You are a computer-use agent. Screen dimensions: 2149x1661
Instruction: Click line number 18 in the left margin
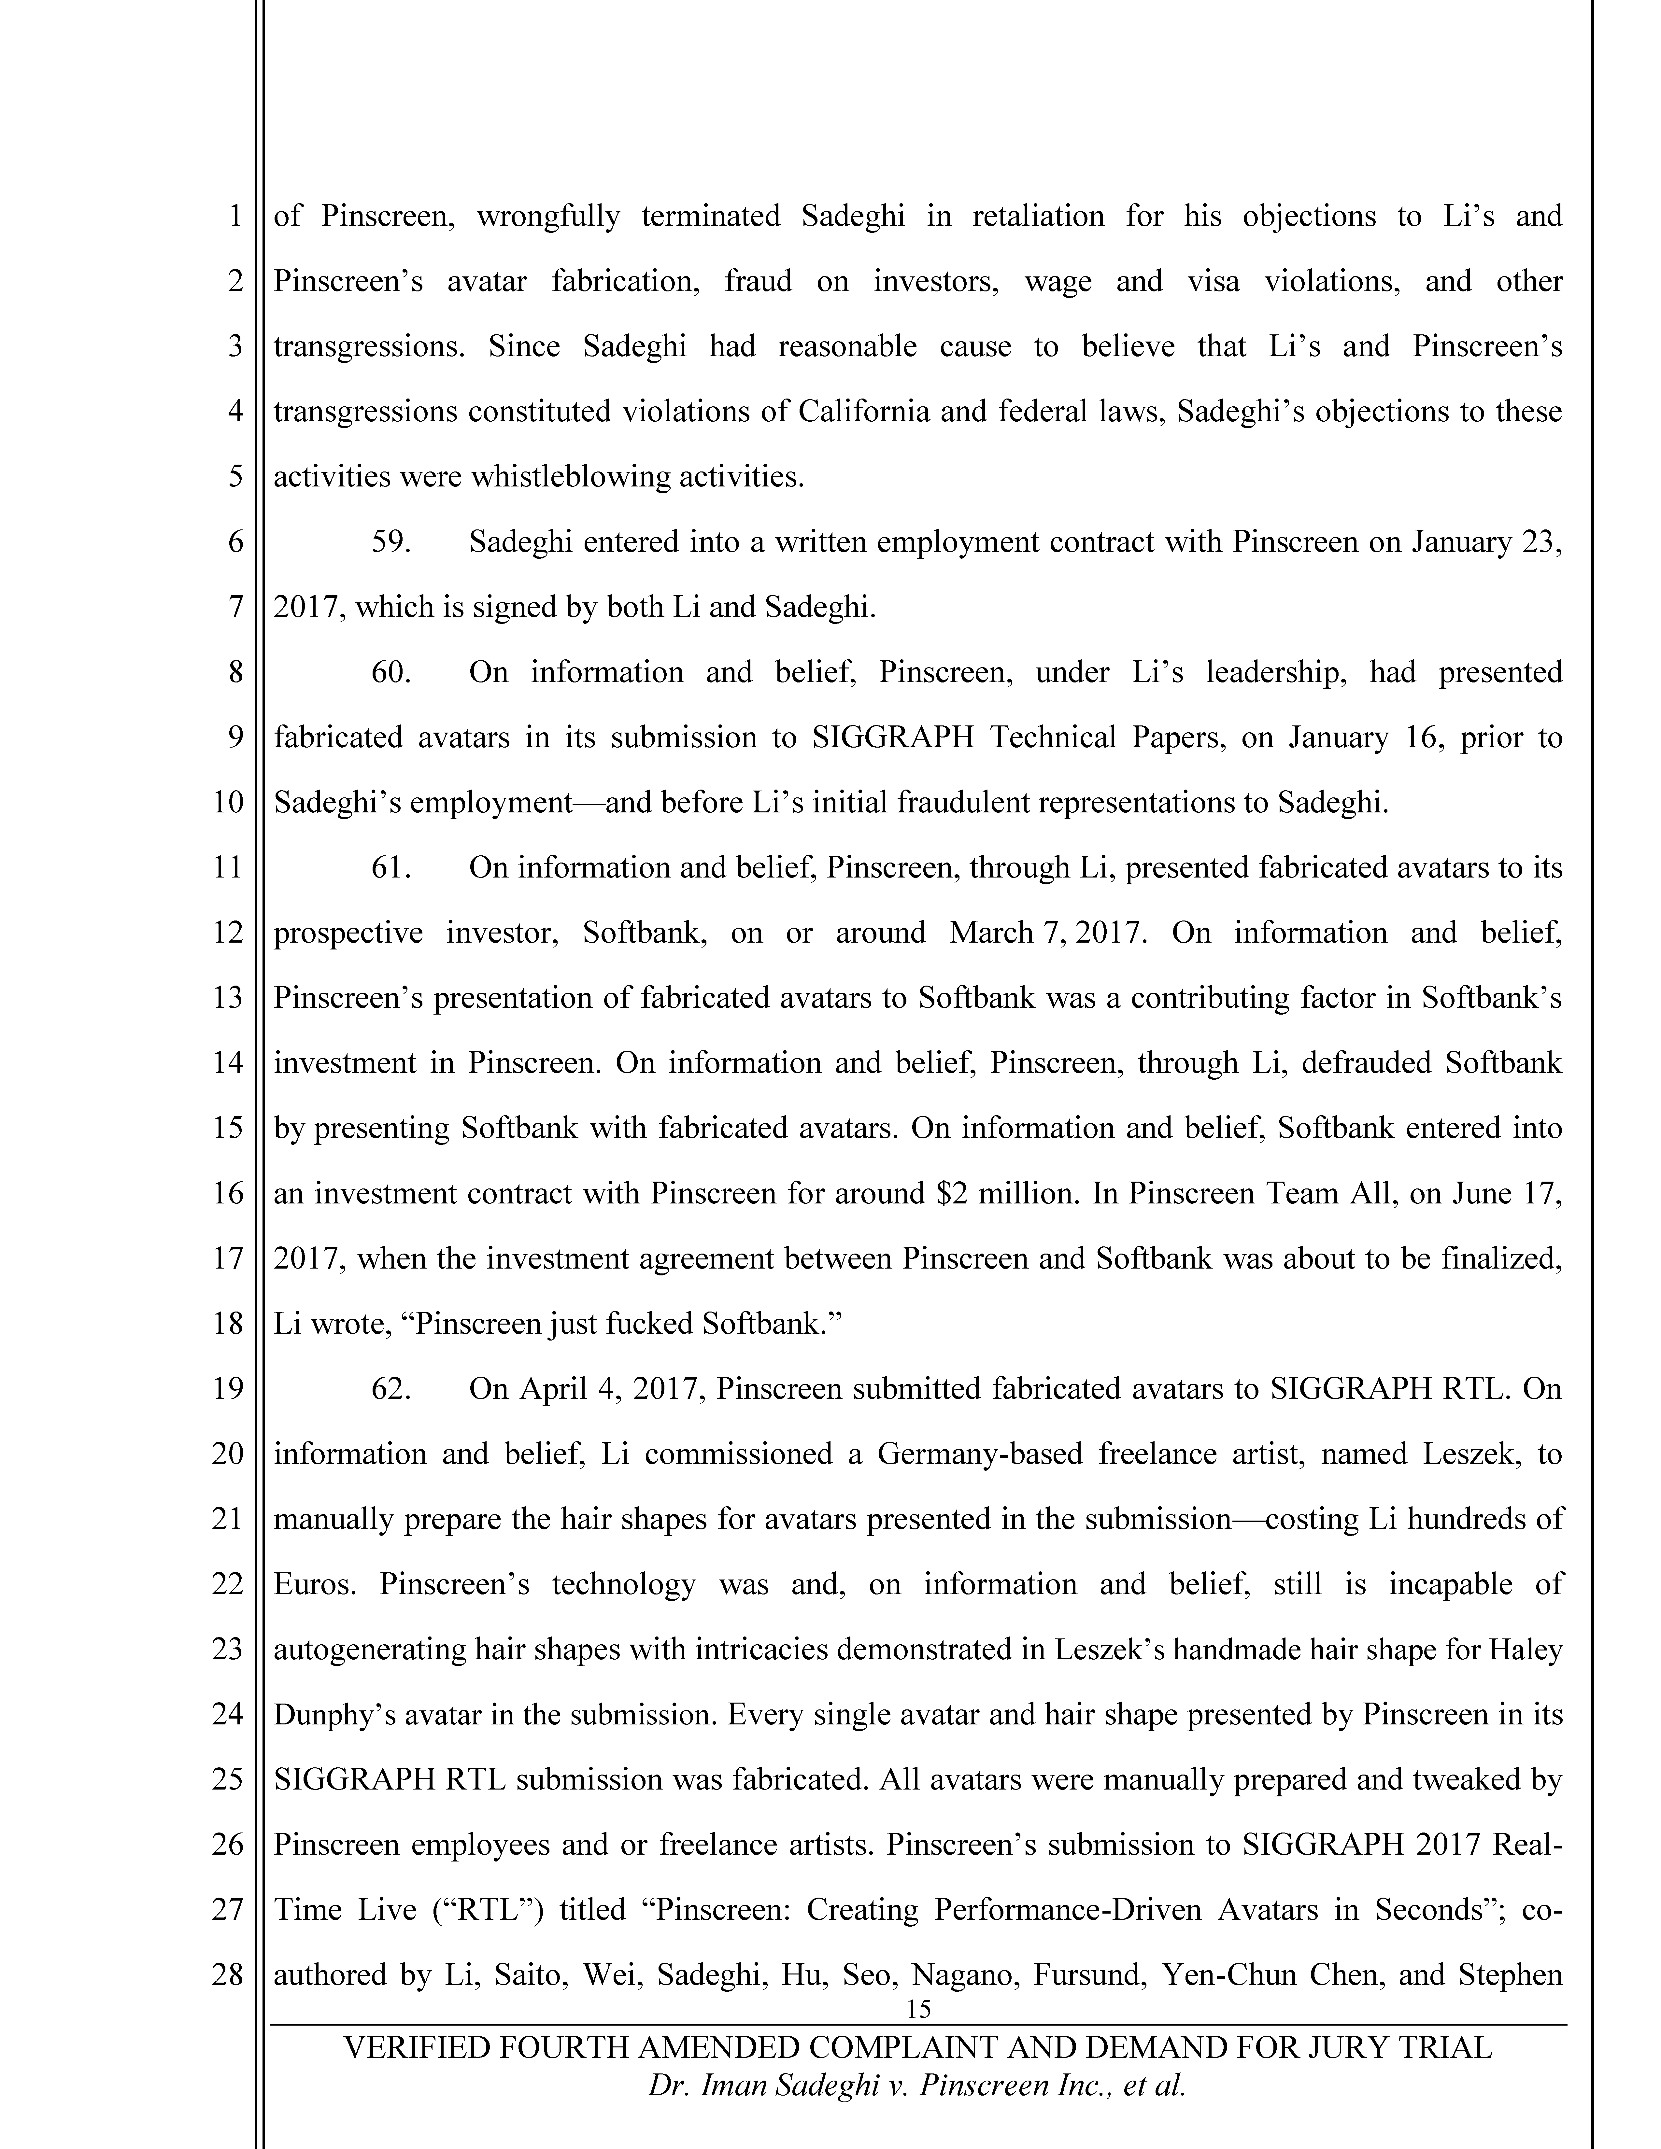(227, 1324)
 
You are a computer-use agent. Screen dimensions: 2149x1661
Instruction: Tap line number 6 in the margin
(235, 542)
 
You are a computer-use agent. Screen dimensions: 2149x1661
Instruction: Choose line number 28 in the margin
(227, 1975)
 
